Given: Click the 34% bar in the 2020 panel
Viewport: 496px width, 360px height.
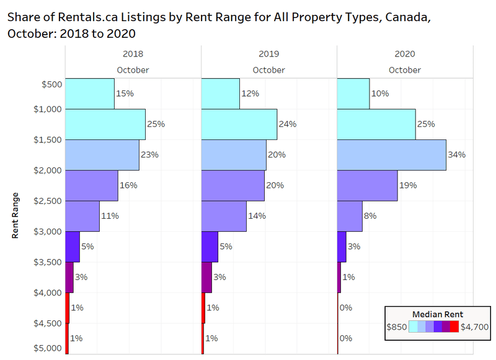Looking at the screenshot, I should click(x=391, y=155).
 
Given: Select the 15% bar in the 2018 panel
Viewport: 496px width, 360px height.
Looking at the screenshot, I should click(x=90, y=94).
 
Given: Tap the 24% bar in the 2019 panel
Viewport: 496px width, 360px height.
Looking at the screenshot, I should click(x=239, y=124).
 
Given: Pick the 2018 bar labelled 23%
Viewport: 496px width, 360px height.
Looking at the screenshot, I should click(x=102, y=155).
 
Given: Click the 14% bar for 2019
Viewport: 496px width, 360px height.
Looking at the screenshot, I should click(x=224, y=216).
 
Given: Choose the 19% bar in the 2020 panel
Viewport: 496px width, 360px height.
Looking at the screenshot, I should click(x=367, y=185).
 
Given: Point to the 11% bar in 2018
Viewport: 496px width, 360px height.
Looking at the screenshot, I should click(x=82, y=216).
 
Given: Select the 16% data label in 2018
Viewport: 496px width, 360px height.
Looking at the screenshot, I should click(x=128, y=185).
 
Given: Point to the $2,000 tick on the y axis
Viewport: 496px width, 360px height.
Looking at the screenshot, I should click(x=48, y=170).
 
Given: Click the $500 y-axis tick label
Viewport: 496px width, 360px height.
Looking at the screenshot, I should click(x=51, y=84).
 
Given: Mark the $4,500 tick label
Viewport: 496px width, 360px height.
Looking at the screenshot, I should click(x=48, y=323).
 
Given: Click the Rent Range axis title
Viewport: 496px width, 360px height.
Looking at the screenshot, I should click(x=15, y=215).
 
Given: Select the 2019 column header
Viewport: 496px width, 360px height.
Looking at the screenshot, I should click(x=268, y=54).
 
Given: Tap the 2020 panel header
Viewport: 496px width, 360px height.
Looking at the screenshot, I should click(x=404, y=54).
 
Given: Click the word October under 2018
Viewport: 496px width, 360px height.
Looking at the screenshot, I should click(x=133, y=70).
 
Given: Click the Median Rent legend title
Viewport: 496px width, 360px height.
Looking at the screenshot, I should click(x=438, y=314).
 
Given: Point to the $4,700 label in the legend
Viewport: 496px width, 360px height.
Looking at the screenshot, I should click(x=474, y=326).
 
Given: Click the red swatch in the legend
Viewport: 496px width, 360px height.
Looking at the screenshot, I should click(x=454, y=326).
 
